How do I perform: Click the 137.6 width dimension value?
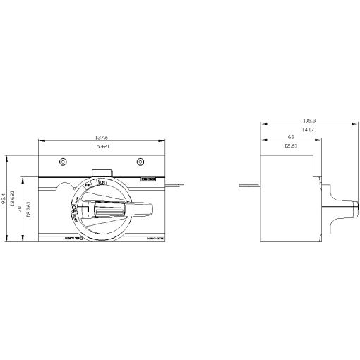point(101,138)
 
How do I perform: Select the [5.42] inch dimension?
point(101,147)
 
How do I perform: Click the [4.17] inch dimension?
point(309,130)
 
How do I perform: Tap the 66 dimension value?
point(290,138)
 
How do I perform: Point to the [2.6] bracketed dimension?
point(290,146)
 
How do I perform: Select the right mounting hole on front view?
point(140,162)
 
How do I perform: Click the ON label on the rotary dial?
point(102,183)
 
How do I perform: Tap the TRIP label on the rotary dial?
point(88,186)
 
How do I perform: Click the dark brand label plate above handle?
point(150,180)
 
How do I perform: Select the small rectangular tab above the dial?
point(102,172)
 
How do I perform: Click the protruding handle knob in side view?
point(338,209)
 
